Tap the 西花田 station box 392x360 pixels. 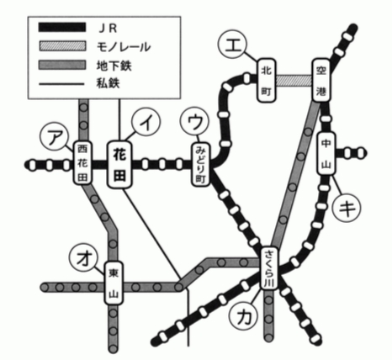pyautogui.click(x=82, y=163)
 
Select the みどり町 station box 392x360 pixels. pyautogui.click(x=201, y=165)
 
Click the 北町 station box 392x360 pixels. pyautogui.click(x=267, y=81)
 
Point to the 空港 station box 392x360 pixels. pyautogui.click(x=321, y=80)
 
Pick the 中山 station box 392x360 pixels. pyautogui.click(x=326, y=153)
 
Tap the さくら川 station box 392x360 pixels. pyautogui.click(x=270, y=268)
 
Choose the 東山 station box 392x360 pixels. pyautogui.click(x=114, y=283)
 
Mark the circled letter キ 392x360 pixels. pyautogui.click(x=347, y=208)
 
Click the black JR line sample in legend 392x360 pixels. pyautogui.click(x=62, y=27)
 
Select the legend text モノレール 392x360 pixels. pyautogui.click(x=124, y=47)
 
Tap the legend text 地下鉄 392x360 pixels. pyautogui.click(x=114, y=66)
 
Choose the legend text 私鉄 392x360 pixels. pyautogui.click(x=109, y=83)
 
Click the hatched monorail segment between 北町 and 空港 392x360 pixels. pyautogui.click(x=294, y=81)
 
